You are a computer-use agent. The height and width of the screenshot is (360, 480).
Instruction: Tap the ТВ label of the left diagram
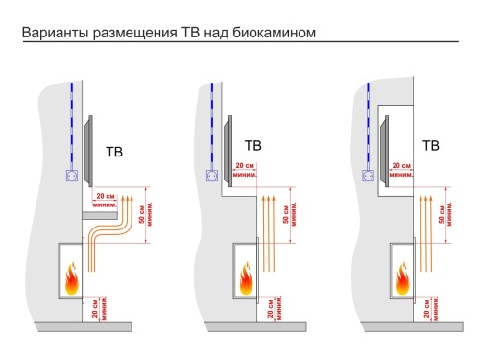click(x=114, y=151)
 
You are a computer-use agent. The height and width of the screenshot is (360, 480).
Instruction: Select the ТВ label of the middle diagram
click(x=253, y=146)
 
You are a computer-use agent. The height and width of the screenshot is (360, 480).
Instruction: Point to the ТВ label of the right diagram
click(x=431, y=146)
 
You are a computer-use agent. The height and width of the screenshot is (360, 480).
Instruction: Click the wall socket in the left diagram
click(x=70, y=176)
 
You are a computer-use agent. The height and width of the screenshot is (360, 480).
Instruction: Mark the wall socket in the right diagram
click(x=369, y=175)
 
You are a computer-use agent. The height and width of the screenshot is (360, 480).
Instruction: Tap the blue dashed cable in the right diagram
click(x=369, y=120)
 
